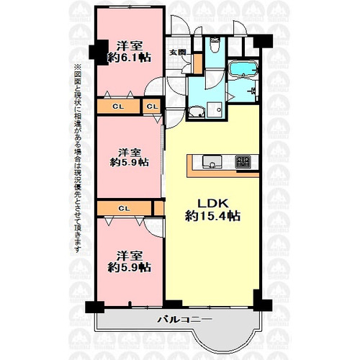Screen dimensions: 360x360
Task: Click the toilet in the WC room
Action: coord(215,45)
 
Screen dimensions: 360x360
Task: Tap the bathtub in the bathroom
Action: coord(243,70)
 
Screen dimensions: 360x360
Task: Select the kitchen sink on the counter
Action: coord(212,162)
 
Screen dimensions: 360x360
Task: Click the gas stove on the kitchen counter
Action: coord(243,161)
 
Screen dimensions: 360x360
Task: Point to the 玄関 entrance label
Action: coord(177,53)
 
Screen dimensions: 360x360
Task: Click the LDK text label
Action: coord(212,204)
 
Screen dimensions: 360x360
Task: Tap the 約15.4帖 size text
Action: coord(212,216)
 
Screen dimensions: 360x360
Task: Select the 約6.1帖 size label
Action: coord(129,58)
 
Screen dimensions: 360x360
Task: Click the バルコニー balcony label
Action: coord(184,320)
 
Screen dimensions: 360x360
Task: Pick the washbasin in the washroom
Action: coord(197,112)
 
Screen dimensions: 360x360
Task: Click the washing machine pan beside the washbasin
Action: coord(215,110)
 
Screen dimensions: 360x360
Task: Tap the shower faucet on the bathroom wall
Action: coord(251,91)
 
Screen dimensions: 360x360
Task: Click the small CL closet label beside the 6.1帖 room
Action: coord(152,107)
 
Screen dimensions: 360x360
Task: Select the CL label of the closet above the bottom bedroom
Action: coord(125,209)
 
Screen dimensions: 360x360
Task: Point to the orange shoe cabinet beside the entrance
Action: coord(198,64)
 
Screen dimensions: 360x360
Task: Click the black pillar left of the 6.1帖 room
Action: coord(99,52)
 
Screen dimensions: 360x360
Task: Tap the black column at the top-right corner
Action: coord(263,41)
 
